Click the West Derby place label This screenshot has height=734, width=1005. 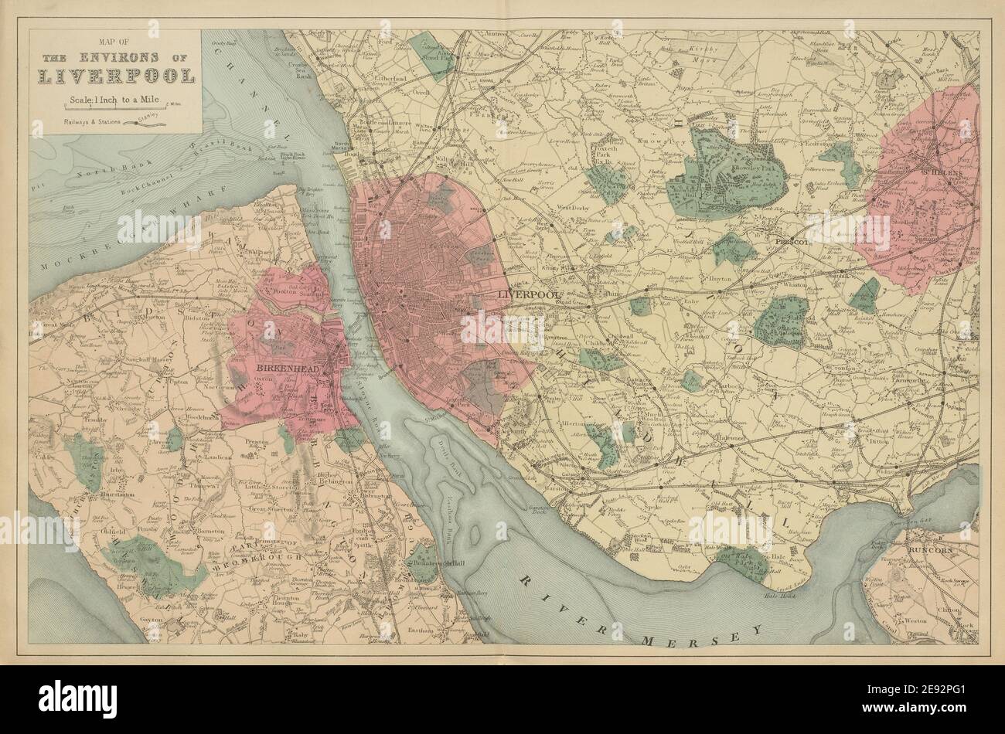click(x=574, y=207)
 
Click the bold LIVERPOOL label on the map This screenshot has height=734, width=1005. click(x=528, y=295)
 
